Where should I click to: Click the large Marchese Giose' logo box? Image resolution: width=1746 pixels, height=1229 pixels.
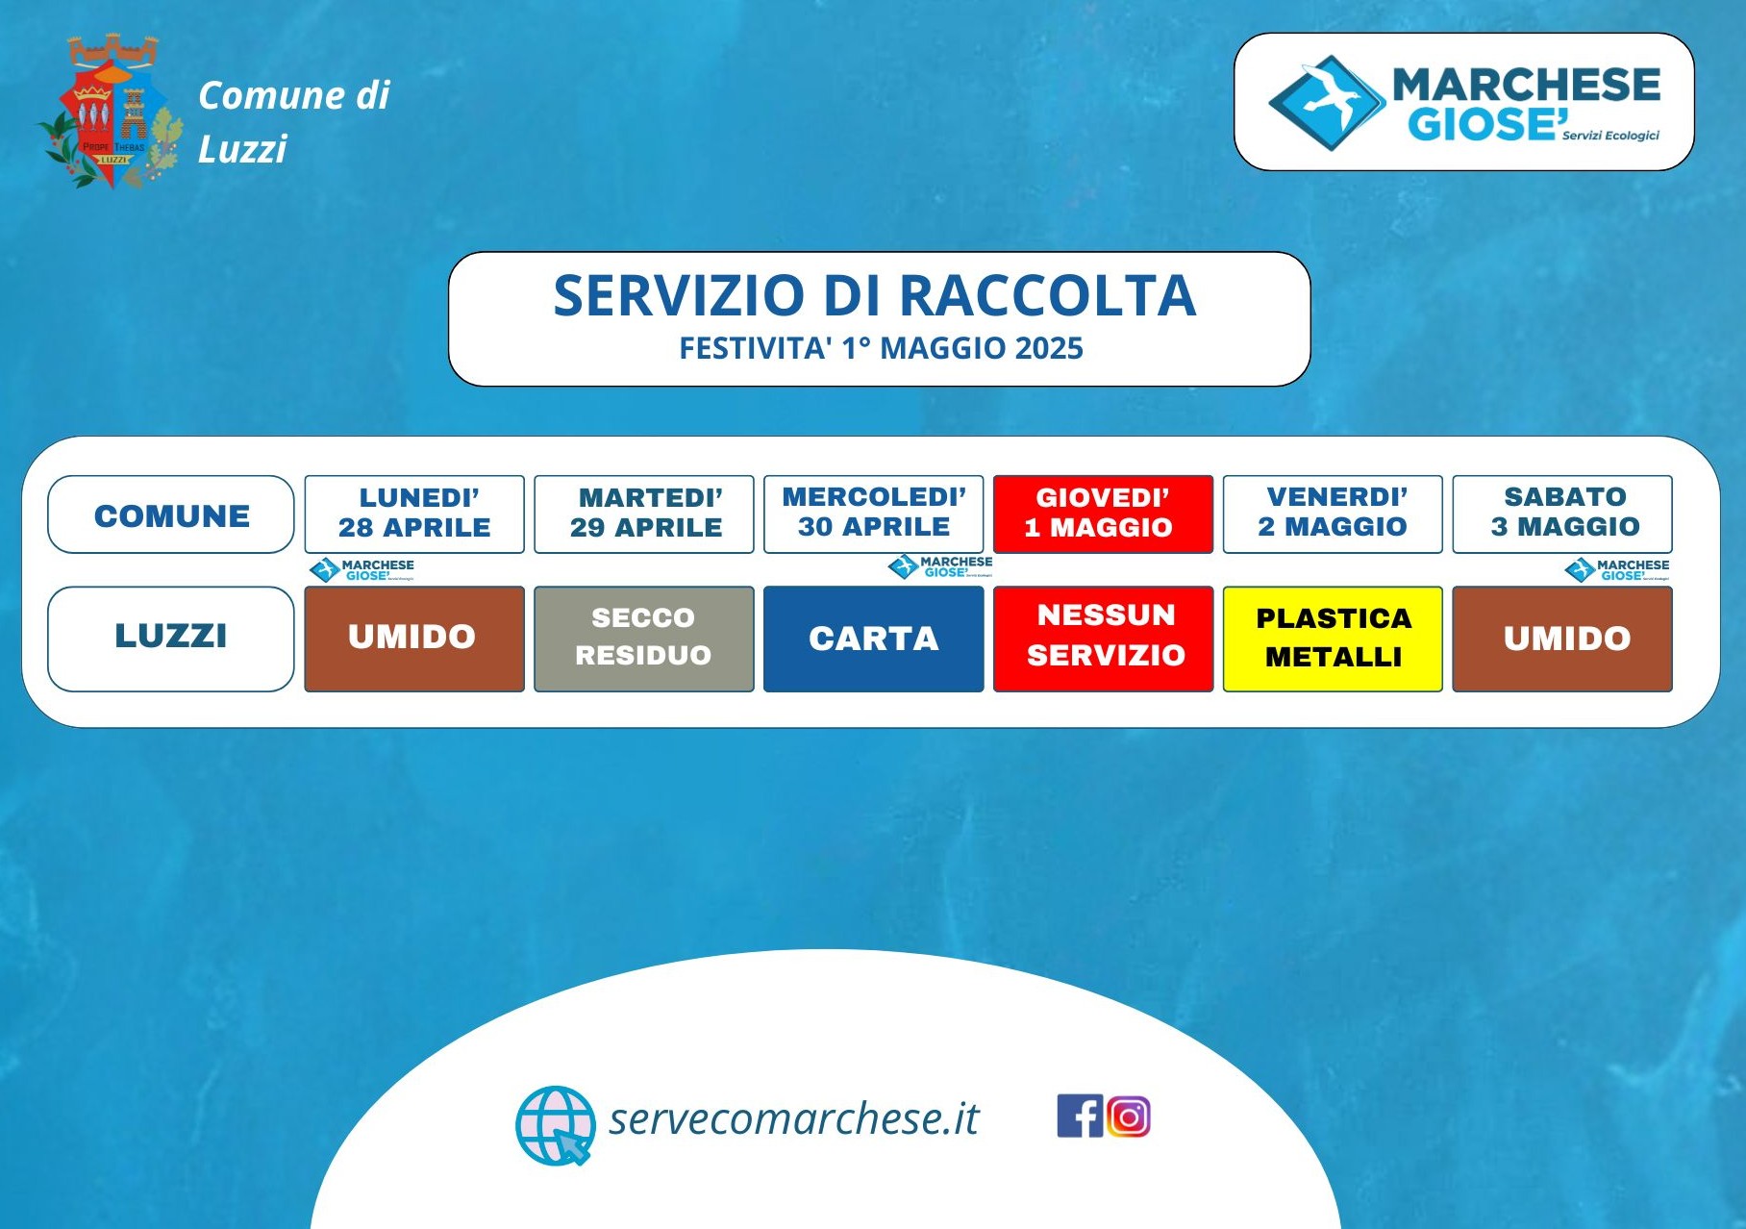tap(1463, 102)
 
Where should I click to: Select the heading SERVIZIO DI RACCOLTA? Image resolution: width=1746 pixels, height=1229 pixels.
tap(875, 295)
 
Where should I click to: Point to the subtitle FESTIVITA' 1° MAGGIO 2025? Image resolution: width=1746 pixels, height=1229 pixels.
tap(881, 348)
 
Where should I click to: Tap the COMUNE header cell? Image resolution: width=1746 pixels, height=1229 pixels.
tap(171, 514)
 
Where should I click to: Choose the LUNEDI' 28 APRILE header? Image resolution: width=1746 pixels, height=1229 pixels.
tap(414, 514)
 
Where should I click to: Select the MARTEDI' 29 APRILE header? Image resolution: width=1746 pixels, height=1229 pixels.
tap(644, 514)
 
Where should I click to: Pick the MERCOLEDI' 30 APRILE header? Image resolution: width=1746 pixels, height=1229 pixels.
tap(874, 514)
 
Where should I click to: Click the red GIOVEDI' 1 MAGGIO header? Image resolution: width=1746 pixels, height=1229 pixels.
tap(1103, 514)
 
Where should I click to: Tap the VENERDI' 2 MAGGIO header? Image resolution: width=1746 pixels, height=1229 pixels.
tap(1333, 514)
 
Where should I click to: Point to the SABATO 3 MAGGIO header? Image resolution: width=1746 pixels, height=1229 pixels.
tap(1562, 514)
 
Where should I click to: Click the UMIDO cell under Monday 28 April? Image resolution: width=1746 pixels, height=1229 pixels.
tap(414, 639)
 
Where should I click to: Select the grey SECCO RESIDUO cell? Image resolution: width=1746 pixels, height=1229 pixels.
tap(644, 639)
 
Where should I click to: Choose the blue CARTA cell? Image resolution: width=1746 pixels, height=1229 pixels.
tap(874, 639)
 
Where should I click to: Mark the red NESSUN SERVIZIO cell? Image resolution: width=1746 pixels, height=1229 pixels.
tap(1103, 639)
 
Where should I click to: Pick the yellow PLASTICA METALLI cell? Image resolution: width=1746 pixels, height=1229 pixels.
tap(1333, 639)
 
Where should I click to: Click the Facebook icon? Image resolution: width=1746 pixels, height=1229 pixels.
tap(1080, 1116)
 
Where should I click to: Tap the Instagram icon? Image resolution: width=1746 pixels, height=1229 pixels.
tap(1128, 1116)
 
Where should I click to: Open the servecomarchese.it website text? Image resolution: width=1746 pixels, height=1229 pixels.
tap(793, 1118)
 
